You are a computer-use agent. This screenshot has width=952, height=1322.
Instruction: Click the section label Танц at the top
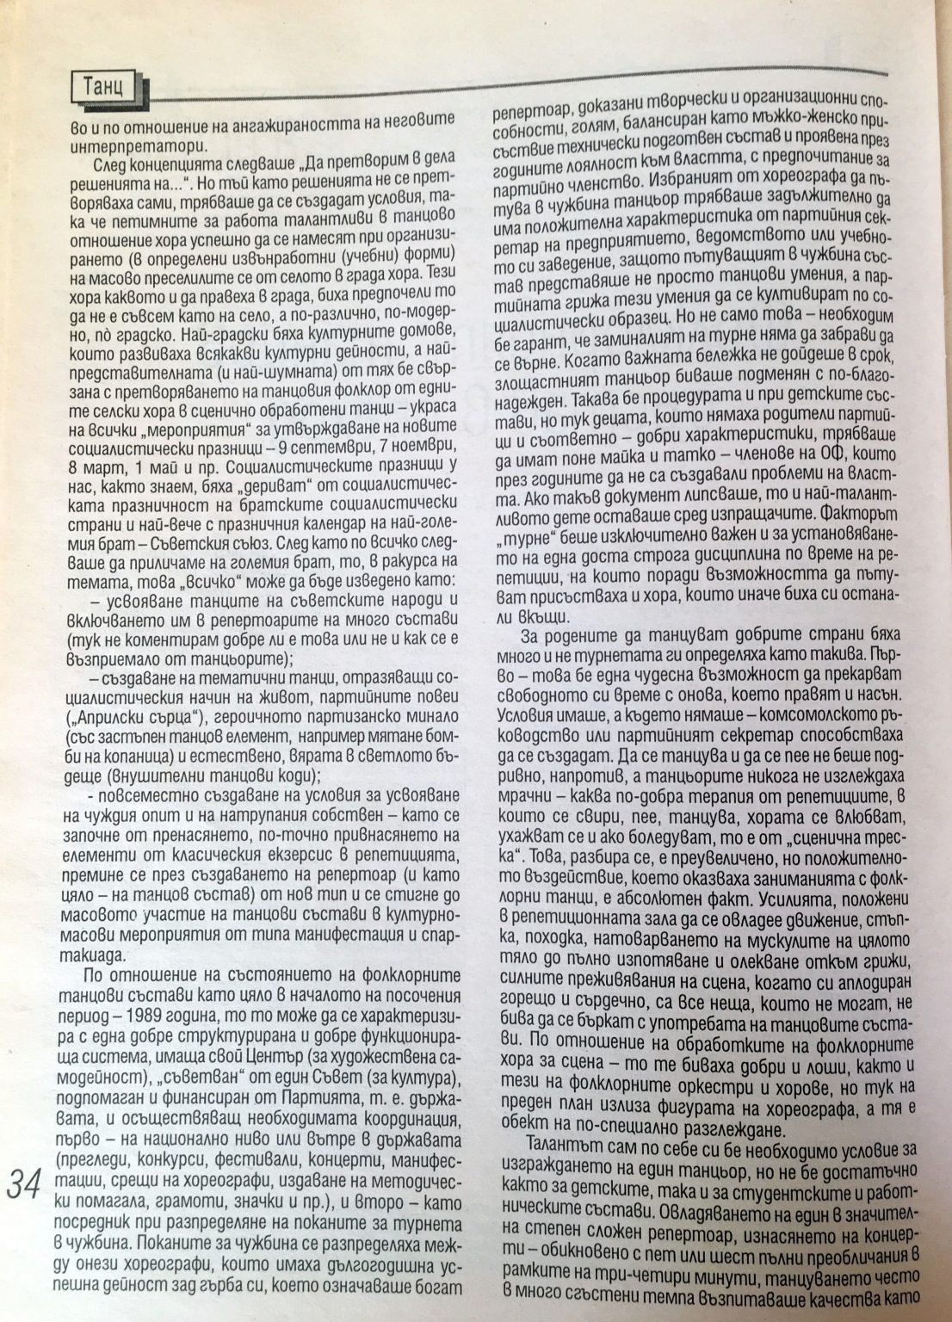pos(103,87)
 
